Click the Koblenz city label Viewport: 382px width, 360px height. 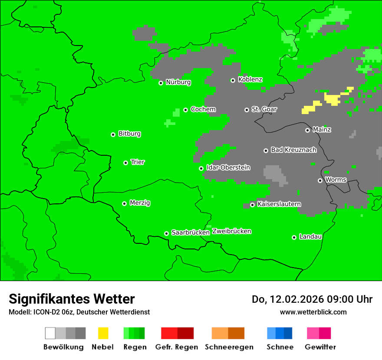[250, 79]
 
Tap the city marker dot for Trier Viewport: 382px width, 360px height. [125, 163]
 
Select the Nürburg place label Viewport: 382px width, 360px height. [178, 82]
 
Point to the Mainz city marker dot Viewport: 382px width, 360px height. [307, 130]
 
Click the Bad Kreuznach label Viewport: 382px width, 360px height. [293, 150]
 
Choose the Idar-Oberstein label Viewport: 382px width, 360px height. [228, 168]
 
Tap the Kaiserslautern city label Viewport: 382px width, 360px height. [279, 204]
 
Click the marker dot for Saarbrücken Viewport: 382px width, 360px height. [166, 233]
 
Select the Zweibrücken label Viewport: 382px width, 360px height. [231, 231]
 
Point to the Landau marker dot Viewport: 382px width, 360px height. [294, 237]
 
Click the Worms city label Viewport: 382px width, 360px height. [336, 180]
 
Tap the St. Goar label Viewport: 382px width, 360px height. [264, 109]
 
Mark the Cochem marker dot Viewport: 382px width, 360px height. [185, 110]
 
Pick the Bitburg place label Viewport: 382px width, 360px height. [129, 134]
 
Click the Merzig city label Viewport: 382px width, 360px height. [140, 203]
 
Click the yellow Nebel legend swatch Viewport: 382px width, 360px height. [103, 333]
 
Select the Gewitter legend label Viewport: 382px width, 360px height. [320, 347]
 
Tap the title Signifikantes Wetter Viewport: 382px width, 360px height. [72, 299]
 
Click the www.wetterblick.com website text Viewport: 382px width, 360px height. [313, 312]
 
